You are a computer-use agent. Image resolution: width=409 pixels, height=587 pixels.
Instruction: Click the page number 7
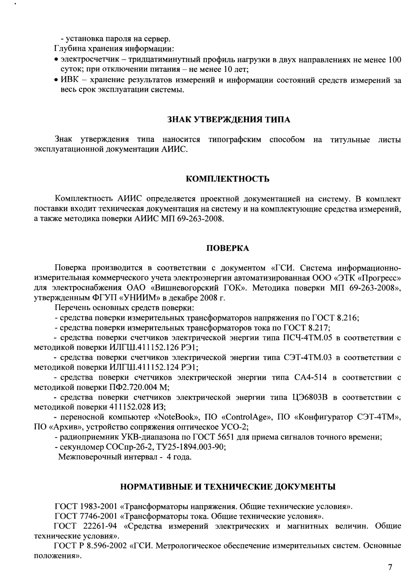(x=390, y=567)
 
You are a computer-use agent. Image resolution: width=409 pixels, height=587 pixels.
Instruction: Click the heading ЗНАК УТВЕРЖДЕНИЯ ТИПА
(x=229, y=120)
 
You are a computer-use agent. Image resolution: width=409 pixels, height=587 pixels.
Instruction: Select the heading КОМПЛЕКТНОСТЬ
(x=228, y=179)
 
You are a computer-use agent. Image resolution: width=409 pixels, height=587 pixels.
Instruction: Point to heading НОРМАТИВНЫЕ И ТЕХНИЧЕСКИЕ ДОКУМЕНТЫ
(x=228, y=487)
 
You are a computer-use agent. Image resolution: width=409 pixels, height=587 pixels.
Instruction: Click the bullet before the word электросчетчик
(x=56, y=60)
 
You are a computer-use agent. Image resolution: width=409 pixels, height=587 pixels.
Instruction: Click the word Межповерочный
(x=85, y=457)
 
